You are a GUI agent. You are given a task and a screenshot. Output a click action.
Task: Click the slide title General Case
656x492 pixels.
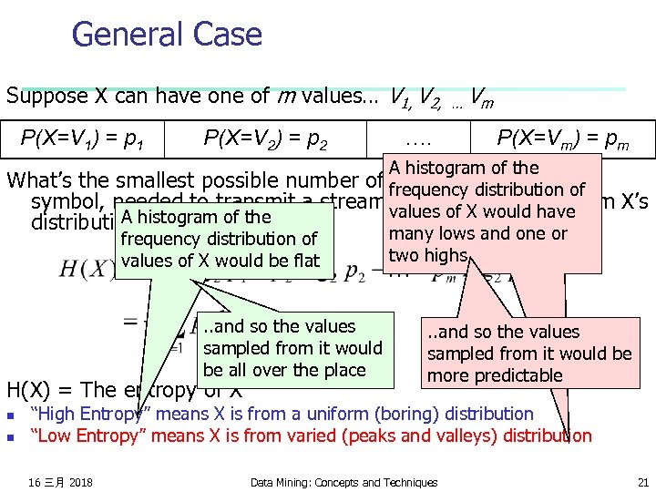tap(167, 36)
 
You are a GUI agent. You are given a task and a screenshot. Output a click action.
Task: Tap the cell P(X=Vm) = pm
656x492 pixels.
tap(563, 138)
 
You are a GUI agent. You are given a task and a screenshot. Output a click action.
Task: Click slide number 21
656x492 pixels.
tap(643, 482)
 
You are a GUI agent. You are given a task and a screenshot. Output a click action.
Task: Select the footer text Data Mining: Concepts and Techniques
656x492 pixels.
tap(343, 482)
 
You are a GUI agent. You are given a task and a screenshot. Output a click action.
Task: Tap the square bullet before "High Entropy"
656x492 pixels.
tap(11, 415)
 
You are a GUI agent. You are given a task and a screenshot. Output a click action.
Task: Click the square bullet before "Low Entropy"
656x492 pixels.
tap(11, 436)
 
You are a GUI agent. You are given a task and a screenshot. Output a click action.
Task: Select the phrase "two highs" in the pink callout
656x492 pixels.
tap(427, 256)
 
